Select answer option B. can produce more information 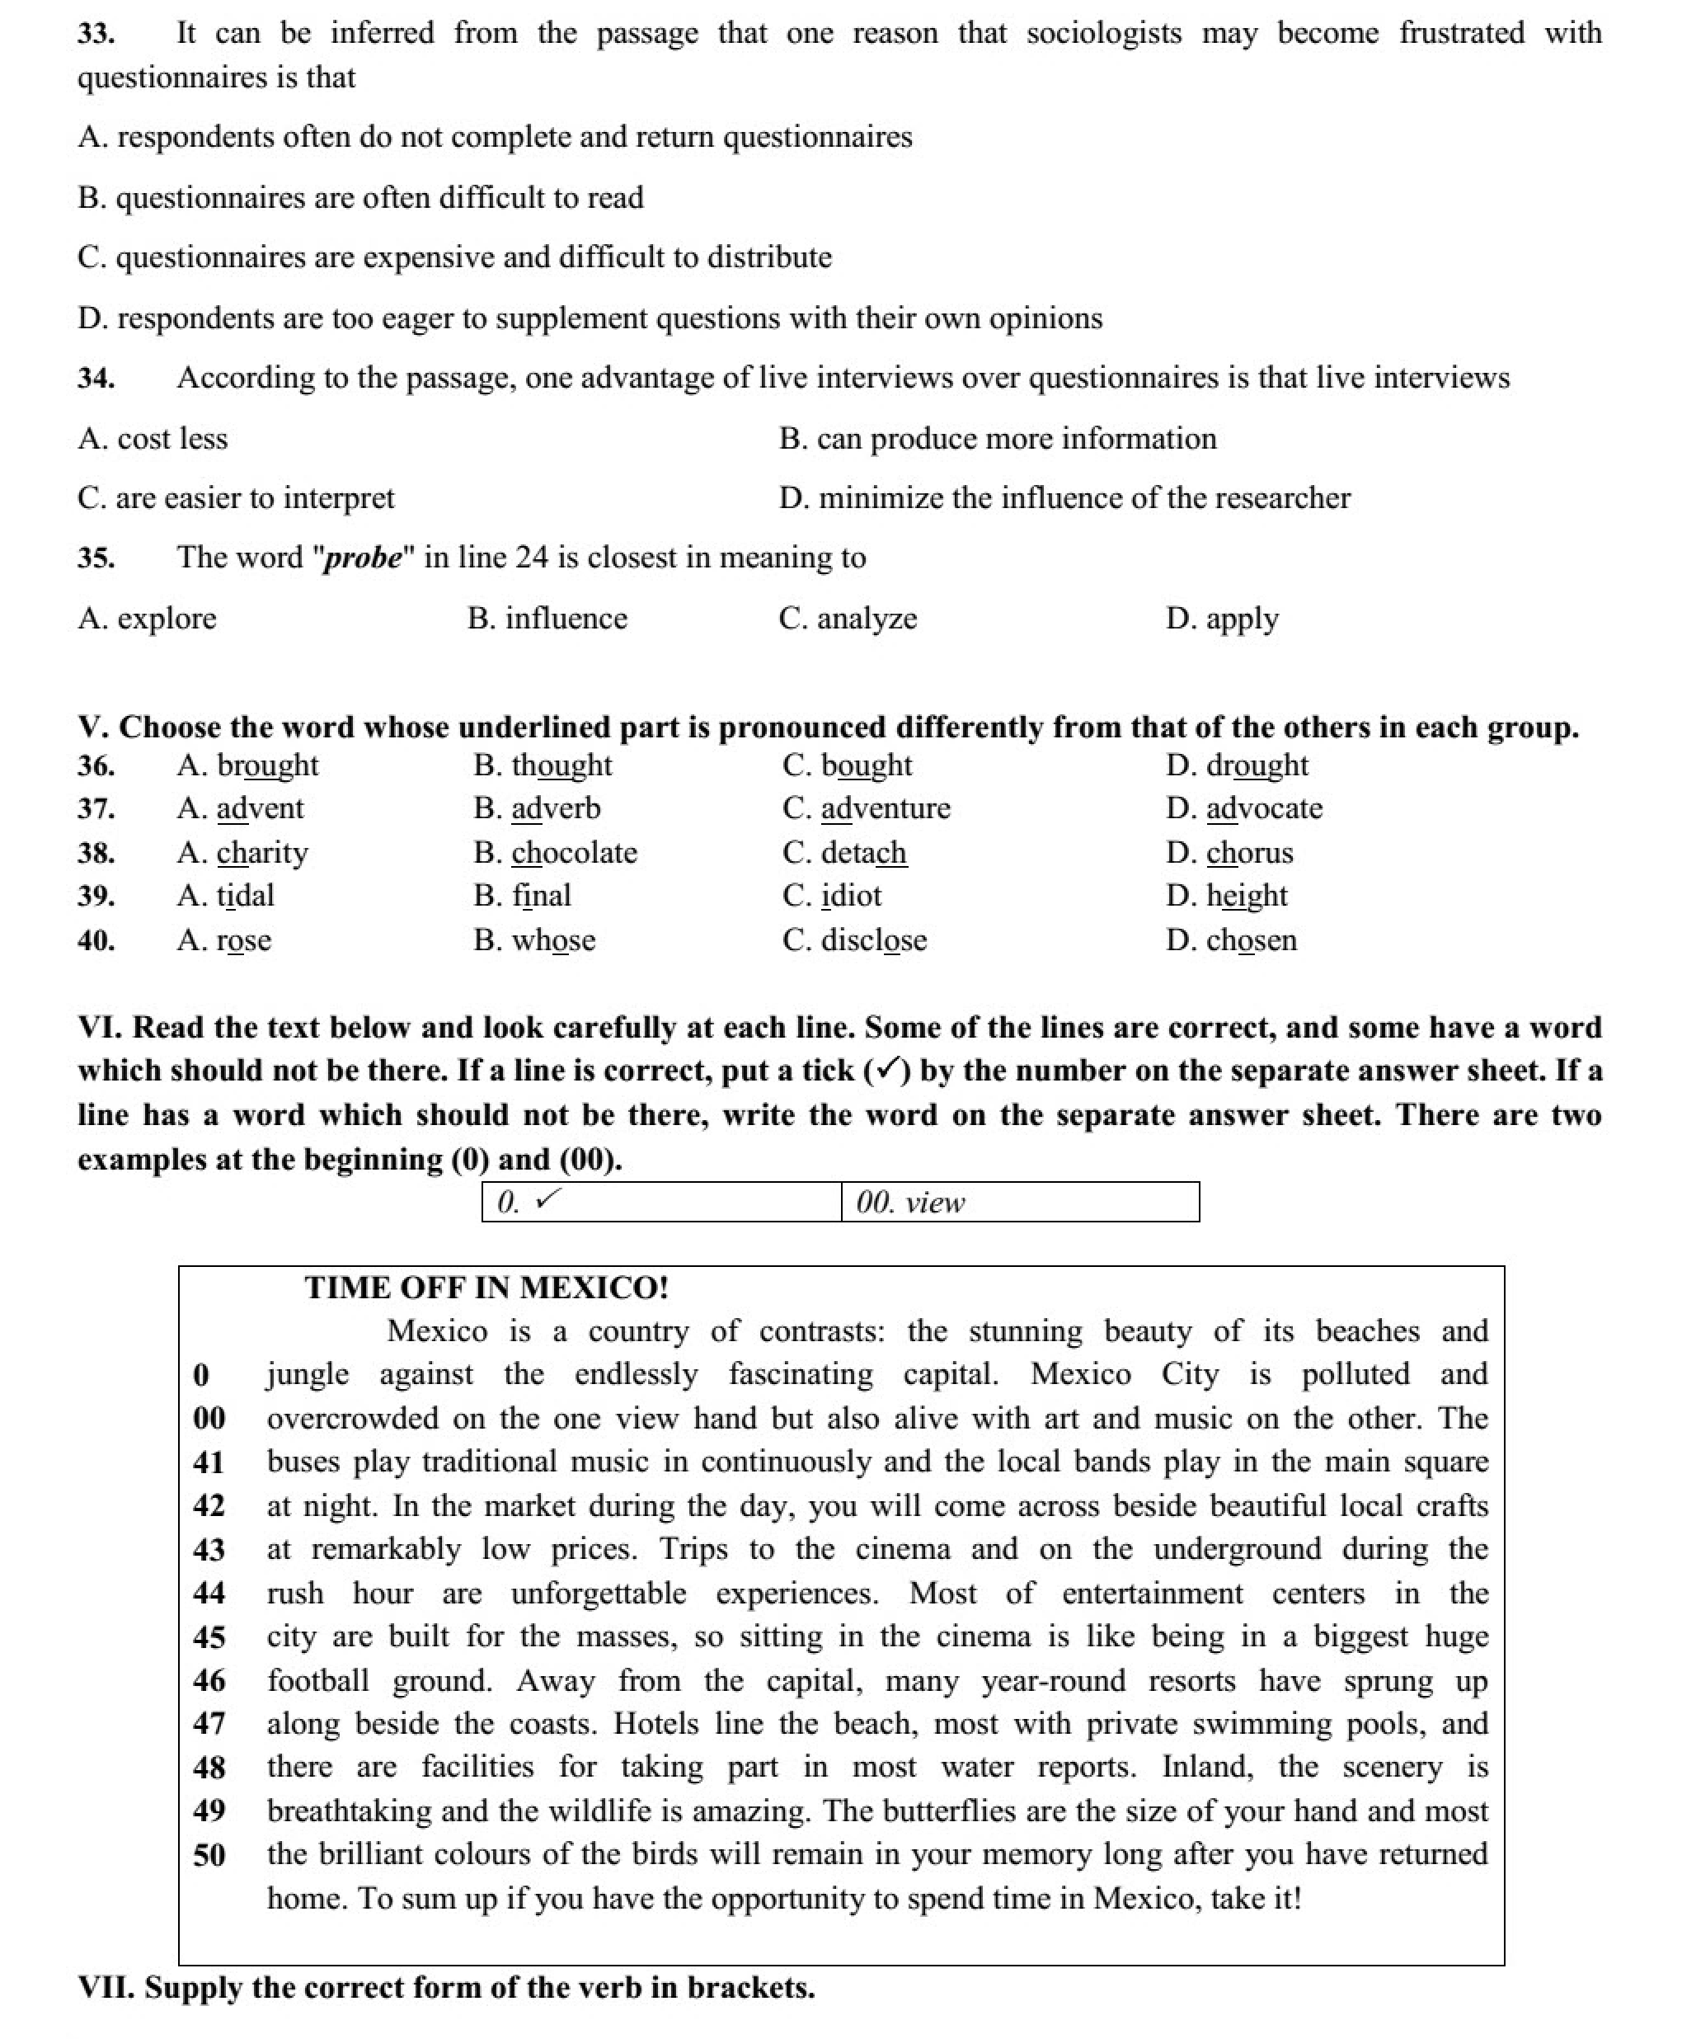[997, 439]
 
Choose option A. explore [148, 619]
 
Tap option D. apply [1222, 619]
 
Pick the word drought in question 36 [1257, 765]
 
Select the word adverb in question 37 [557, 808]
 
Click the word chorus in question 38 [1249, 853]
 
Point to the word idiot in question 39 [851, 896]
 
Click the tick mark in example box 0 [548, 1201]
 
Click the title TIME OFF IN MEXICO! [486, 1288]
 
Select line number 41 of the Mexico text [209, 1462]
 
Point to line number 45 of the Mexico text [209, 1638]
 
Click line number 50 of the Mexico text [209, 1856]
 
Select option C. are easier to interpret [236, 498]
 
